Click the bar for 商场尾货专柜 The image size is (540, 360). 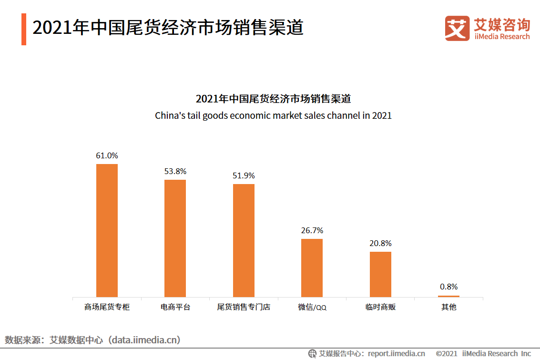[107, 230]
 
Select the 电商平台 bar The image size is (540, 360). [175, 238]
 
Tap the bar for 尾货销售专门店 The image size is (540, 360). [244, 240]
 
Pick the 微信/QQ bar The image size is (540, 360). [312, 267]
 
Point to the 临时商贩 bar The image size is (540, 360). [380, 274]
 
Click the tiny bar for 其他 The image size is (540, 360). [448, 296]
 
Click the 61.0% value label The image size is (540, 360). [107, 155]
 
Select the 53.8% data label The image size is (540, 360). [175, 171]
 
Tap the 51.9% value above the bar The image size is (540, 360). [244, 175]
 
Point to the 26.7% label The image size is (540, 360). [312, 230]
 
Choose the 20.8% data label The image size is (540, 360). [380, 243]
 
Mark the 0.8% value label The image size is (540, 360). [448, 287]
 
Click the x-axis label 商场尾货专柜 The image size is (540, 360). [107, 307]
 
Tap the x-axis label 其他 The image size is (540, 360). [448, 307]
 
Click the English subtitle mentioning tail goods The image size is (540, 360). [273, 115]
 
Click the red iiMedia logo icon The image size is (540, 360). [457, 28]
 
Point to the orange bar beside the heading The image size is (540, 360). [24, 30]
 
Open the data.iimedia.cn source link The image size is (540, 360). [144, 340]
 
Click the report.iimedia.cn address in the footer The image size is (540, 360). [396, 353]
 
